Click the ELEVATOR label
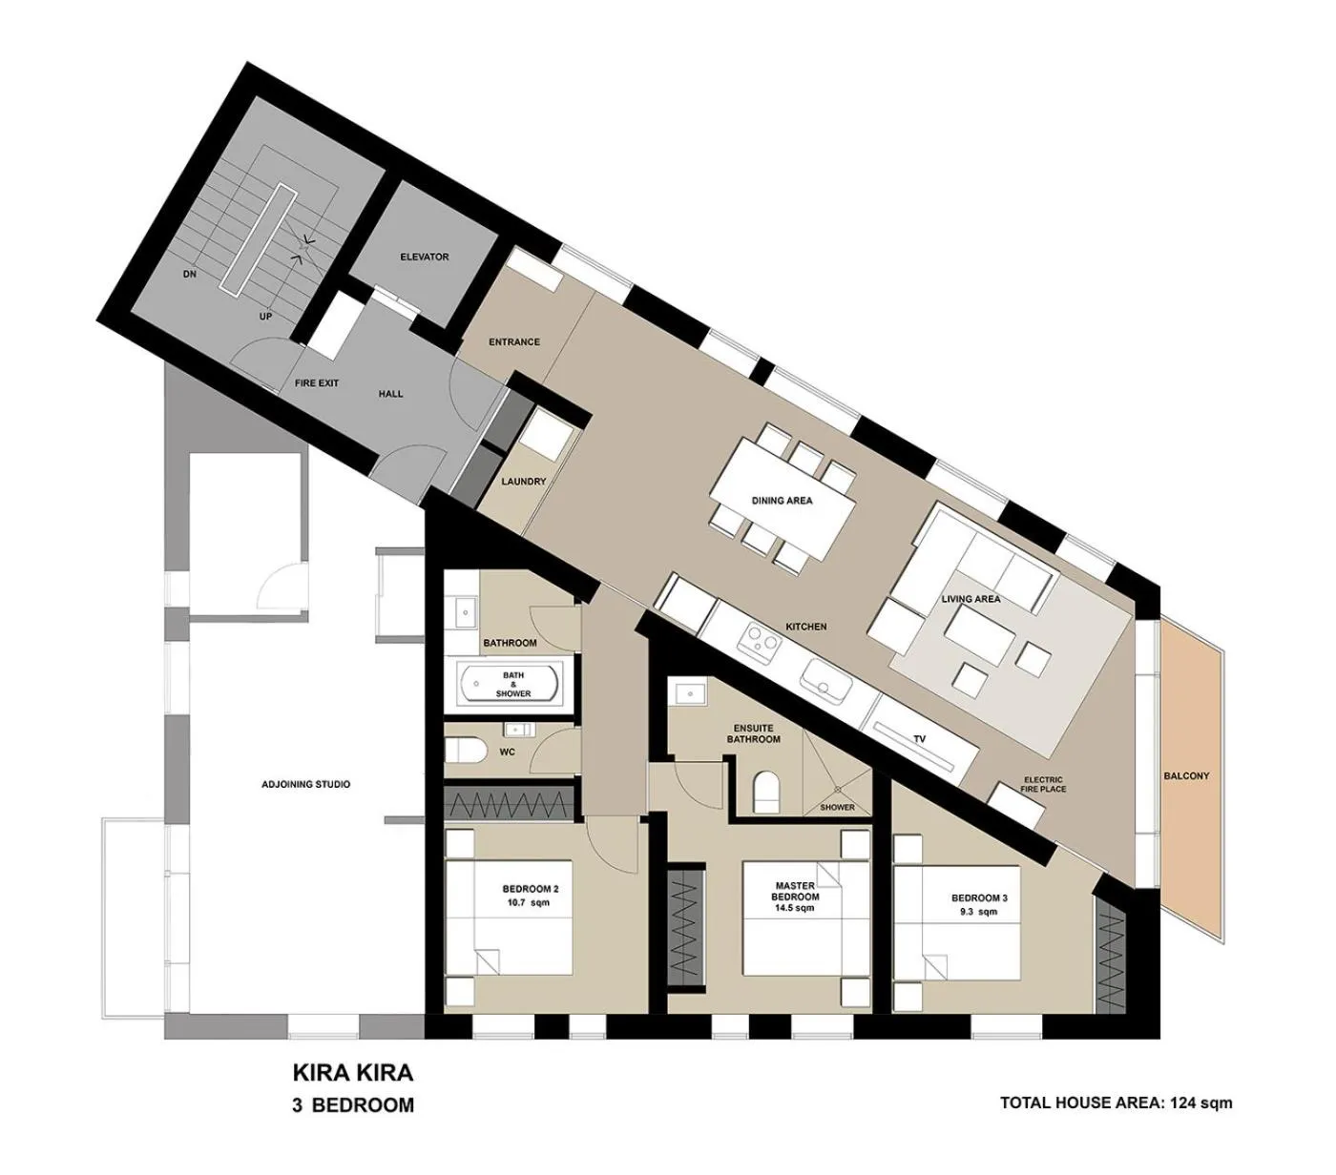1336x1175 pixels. [425, 257]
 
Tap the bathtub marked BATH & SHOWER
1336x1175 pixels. [511, 684]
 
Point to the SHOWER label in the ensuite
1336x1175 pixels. [838, 808]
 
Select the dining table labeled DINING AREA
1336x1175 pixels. [782, 500]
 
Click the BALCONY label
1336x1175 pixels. [1186, 775]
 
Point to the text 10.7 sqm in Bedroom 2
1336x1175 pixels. [530, 902]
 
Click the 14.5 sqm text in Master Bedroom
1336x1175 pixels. [794, 909]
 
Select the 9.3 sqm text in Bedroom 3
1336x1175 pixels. [979, 912]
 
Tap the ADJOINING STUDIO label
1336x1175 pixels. [305, 784]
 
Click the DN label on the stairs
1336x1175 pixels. [189, 274]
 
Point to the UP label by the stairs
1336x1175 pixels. [265, 316]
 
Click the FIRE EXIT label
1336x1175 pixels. [316, 383]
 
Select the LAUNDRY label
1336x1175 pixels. [524, 482]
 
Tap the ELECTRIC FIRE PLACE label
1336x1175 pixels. [1042, 784]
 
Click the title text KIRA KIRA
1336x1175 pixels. [352, 1072]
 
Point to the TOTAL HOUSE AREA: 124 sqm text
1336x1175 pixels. [1116, 1103]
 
